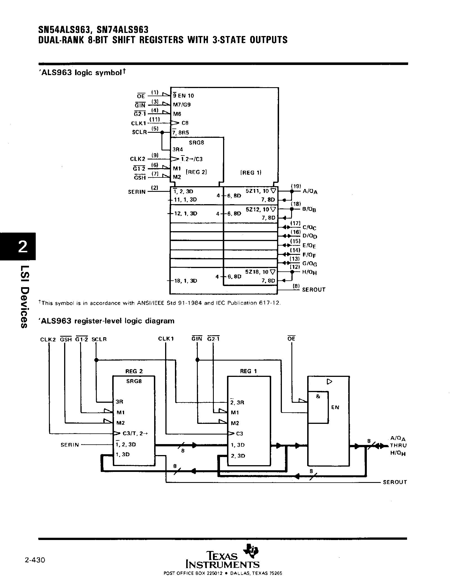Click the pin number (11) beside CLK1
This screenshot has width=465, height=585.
[154, 120]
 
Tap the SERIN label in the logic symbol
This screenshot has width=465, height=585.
[137, 192]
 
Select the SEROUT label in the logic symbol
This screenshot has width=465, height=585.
[314, 290]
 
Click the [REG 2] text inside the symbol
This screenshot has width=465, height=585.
[196, 172]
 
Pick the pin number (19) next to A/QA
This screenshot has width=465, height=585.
[296, 186]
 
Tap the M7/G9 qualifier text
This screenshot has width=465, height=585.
[182, 105]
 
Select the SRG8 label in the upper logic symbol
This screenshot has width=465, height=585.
[196, 143]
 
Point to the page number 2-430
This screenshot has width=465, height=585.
[35, 560]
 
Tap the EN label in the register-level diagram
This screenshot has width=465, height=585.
[335, 408]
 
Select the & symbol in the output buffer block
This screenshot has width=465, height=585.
[318, 397]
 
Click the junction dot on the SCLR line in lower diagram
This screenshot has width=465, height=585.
[96, 360]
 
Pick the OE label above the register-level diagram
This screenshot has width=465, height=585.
[291, 339]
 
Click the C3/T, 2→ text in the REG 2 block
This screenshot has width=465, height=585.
[134, 433]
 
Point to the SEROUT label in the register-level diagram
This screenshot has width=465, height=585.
[395, 482]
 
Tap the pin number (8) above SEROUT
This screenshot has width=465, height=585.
[296, 286]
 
